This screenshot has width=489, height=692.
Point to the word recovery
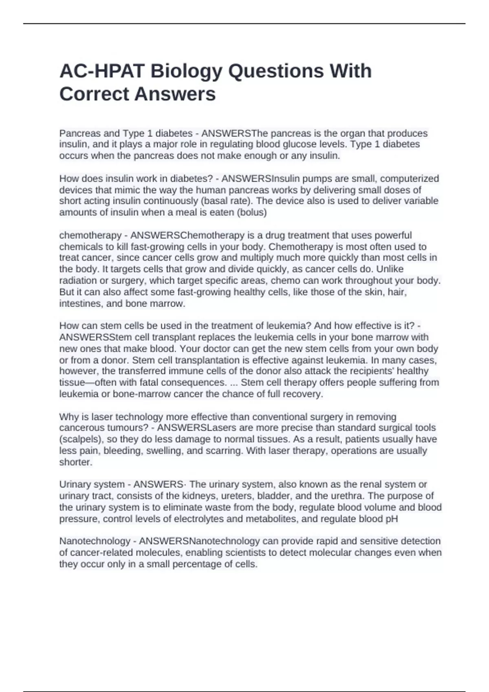(x=305, y=394)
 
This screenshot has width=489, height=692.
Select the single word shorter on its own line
(x=76, y=462)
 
